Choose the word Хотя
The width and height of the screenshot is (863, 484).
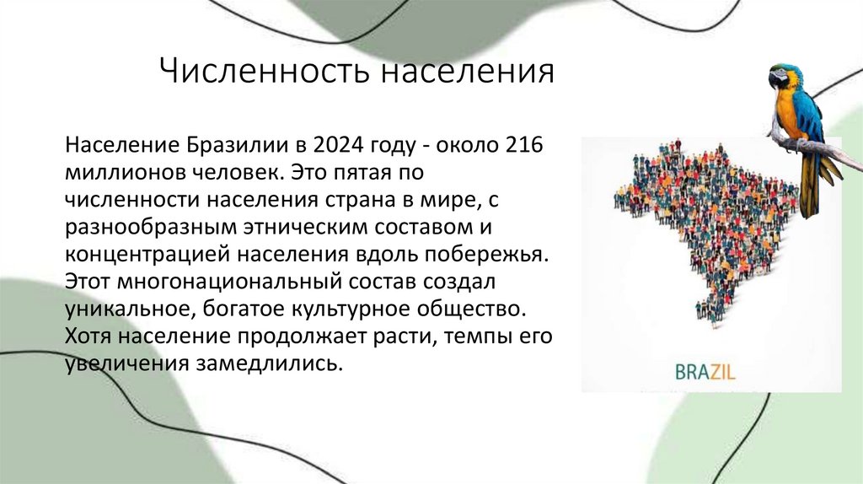click(88, 336)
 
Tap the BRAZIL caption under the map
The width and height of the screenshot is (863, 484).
click(705, 370)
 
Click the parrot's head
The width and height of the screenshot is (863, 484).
click(783, 77)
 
